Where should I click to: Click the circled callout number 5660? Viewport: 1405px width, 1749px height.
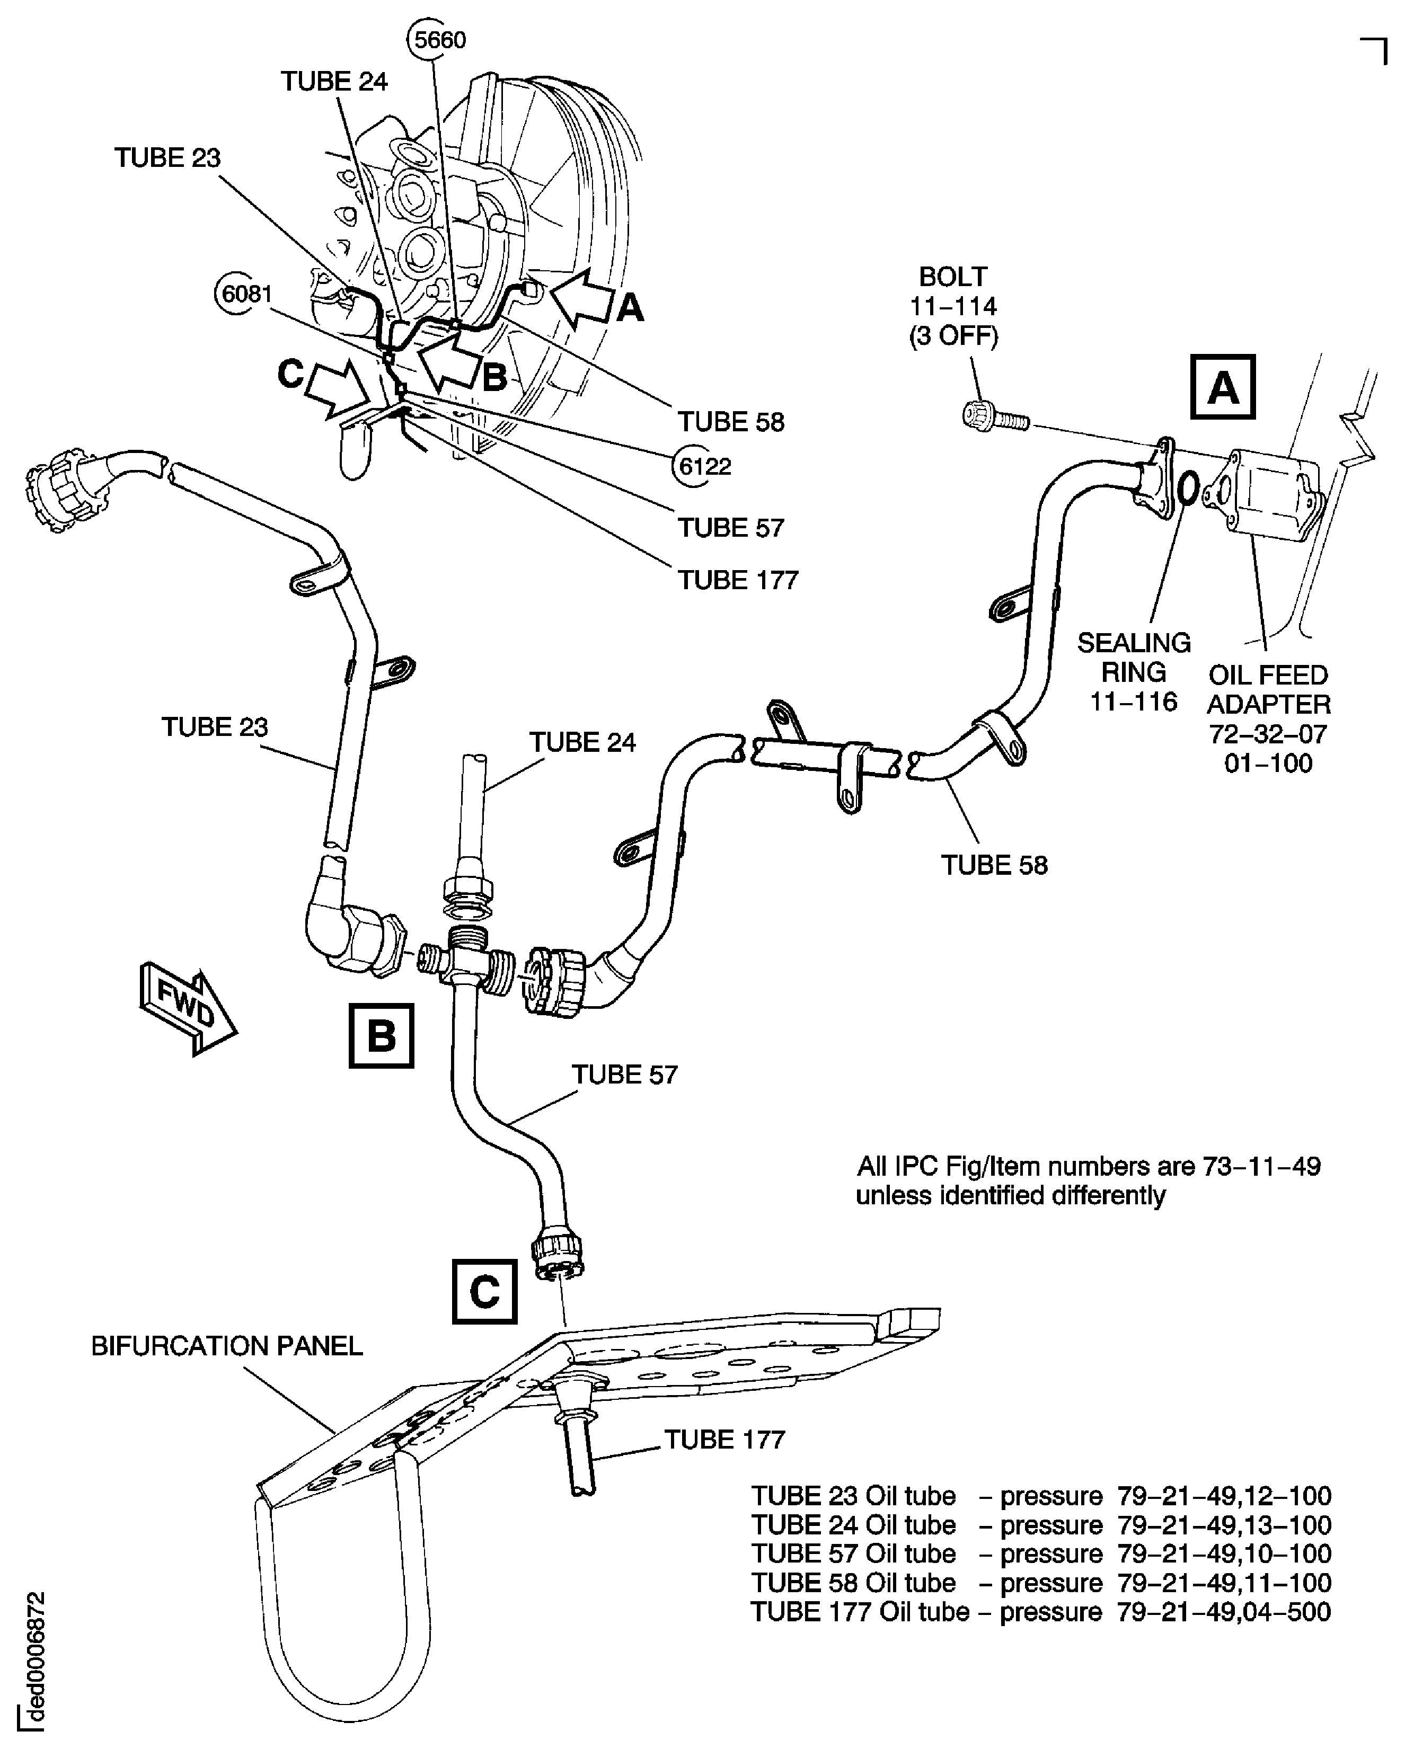(439, 39)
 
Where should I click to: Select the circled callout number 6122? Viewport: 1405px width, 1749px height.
(704, 466)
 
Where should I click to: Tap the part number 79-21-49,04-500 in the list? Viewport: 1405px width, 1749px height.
(1223, 1611)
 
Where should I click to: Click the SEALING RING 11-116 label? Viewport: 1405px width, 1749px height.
(1133, 672)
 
